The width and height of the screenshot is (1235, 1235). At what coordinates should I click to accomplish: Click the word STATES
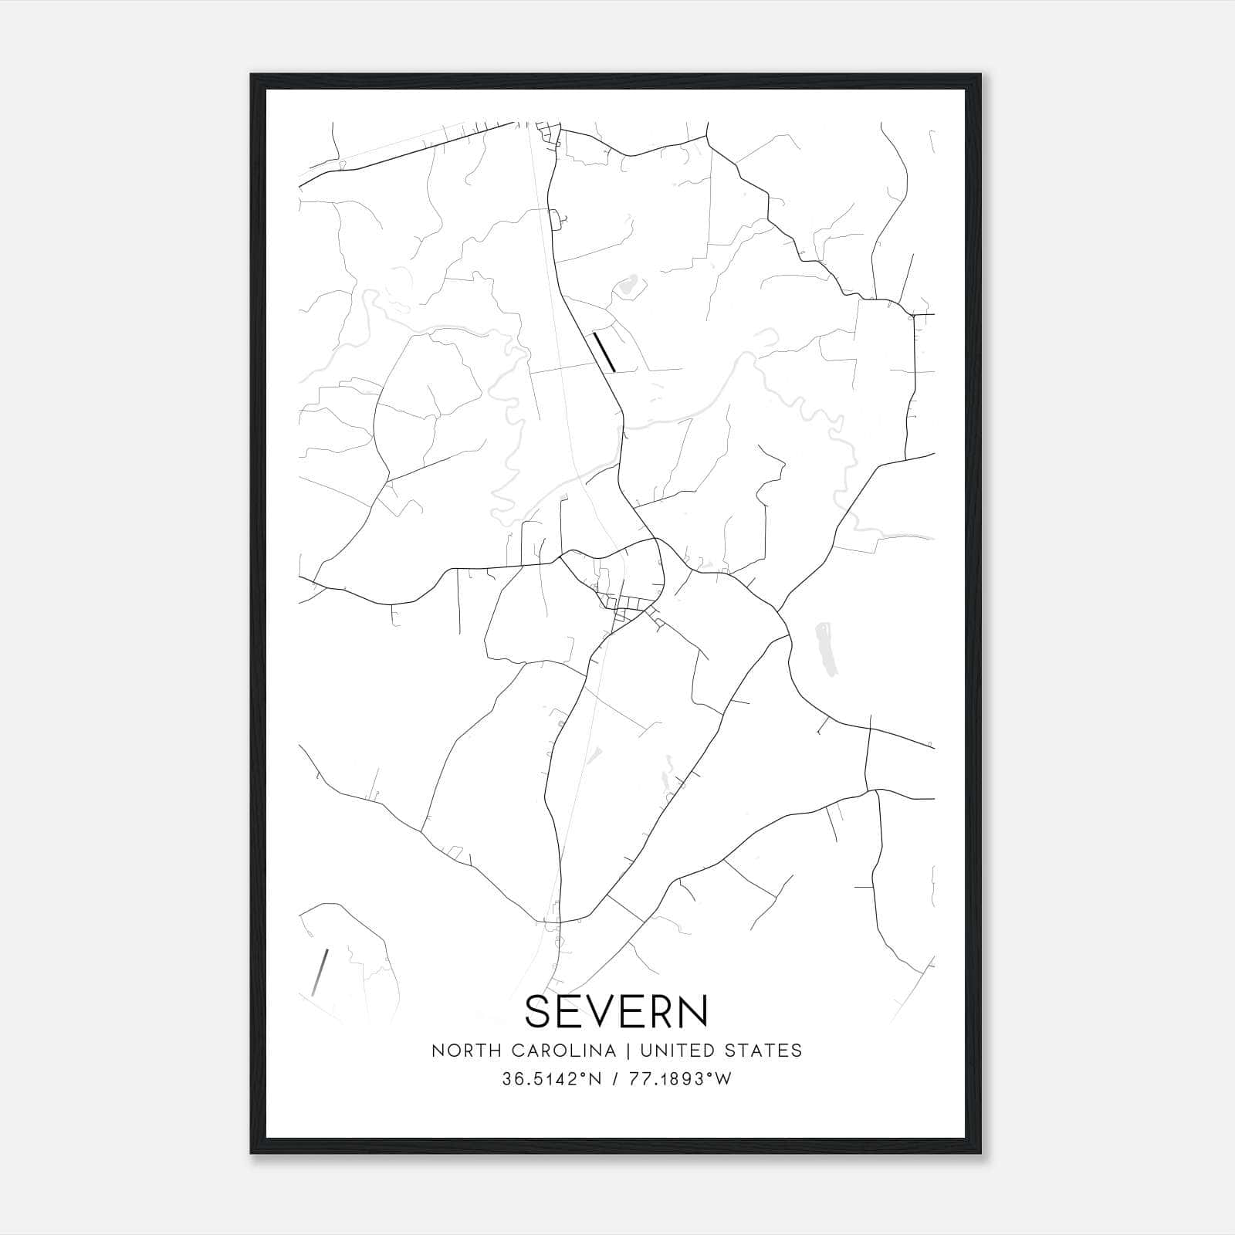[763, 1051]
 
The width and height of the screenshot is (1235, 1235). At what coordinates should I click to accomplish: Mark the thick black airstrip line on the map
[604, 352]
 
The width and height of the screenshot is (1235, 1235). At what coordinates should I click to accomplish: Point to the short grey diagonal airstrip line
[320, 972]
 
